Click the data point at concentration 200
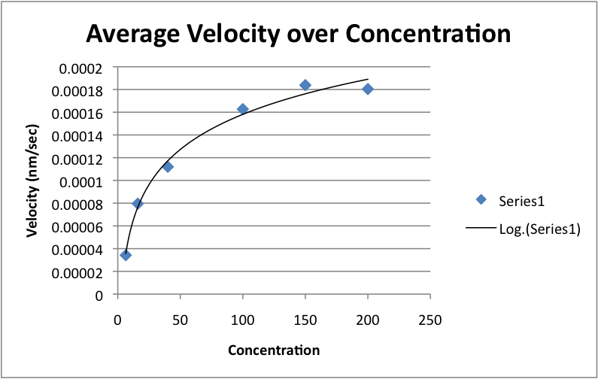[x=368, y=89]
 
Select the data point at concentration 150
[x=305, y=85]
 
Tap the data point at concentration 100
[x=242, y=109]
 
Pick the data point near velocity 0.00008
[x=138, y=203]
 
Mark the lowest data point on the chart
[x=126, y=255]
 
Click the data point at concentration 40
[x=168, y=166]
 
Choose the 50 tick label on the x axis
[x=180, y=318]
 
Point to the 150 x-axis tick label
[x=305, y=318]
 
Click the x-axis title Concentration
[x=274, y=350]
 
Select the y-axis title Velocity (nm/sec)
[x=32, y=180]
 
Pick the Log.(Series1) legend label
[x=539, y=230]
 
